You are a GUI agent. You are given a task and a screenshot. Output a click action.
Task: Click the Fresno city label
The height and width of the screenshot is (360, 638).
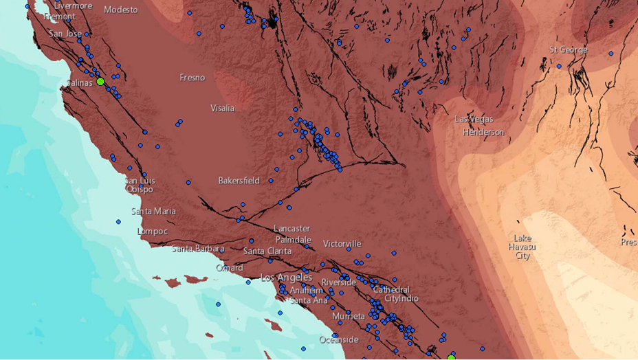192,78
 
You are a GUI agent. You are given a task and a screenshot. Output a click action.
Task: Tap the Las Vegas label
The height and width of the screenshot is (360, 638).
474,119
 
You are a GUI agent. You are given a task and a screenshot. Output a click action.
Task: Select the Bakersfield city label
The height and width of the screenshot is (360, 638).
239,181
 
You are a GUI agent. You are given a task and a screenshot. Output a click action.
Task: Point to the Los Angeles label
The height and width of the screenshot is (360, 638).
286,278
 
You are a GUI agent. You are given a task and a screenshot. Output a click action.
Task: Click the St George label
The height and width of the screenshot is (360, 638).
569,49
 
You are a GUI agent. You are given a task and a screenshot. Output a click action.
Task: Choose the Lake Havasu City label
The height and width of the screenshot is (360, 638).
522,247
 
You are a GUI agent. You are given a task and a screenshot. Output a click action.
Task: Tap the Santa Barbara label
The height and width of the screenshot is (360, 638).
198,249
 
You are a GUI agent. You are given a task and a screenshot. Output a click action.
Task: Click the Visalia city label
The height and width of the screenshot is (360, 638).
222,108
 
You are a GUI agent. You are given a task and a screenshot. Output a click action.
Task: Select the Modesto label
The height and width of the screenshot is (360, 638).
121,10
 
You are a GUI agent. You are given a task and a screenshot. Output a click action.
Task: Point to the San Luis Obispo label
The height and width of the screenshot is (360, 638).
139,185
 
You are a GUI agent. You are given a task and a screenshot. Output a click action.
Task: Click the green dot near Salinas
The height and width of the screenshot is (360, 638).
100,81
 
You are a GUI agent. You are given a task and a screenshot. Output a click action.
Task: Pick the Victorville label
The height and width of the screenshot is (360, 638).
342,244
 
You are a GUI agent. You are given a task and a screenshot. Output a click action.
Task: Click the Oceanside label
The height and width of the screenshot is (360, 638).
339,339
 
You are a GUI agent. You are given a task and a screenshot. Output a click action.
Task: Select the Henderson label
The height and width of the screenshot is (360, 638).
483,132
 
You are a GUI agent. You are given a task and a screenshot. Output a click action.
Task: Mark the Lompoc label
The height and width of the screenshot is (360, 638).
152,232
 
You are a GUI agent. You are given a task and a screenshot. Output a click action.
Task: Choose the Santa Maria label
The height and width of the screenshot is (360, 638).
153,211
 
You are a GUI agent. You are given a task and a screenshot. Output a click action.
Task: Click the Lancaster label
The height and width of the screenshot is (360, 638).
291,228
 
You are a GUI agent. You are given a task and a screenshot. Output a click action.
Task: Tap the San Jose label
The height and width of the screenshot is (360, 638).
65,33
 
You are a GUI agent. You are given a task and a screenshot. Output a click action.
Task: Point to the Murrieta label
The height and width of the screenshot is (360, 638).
349,316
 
